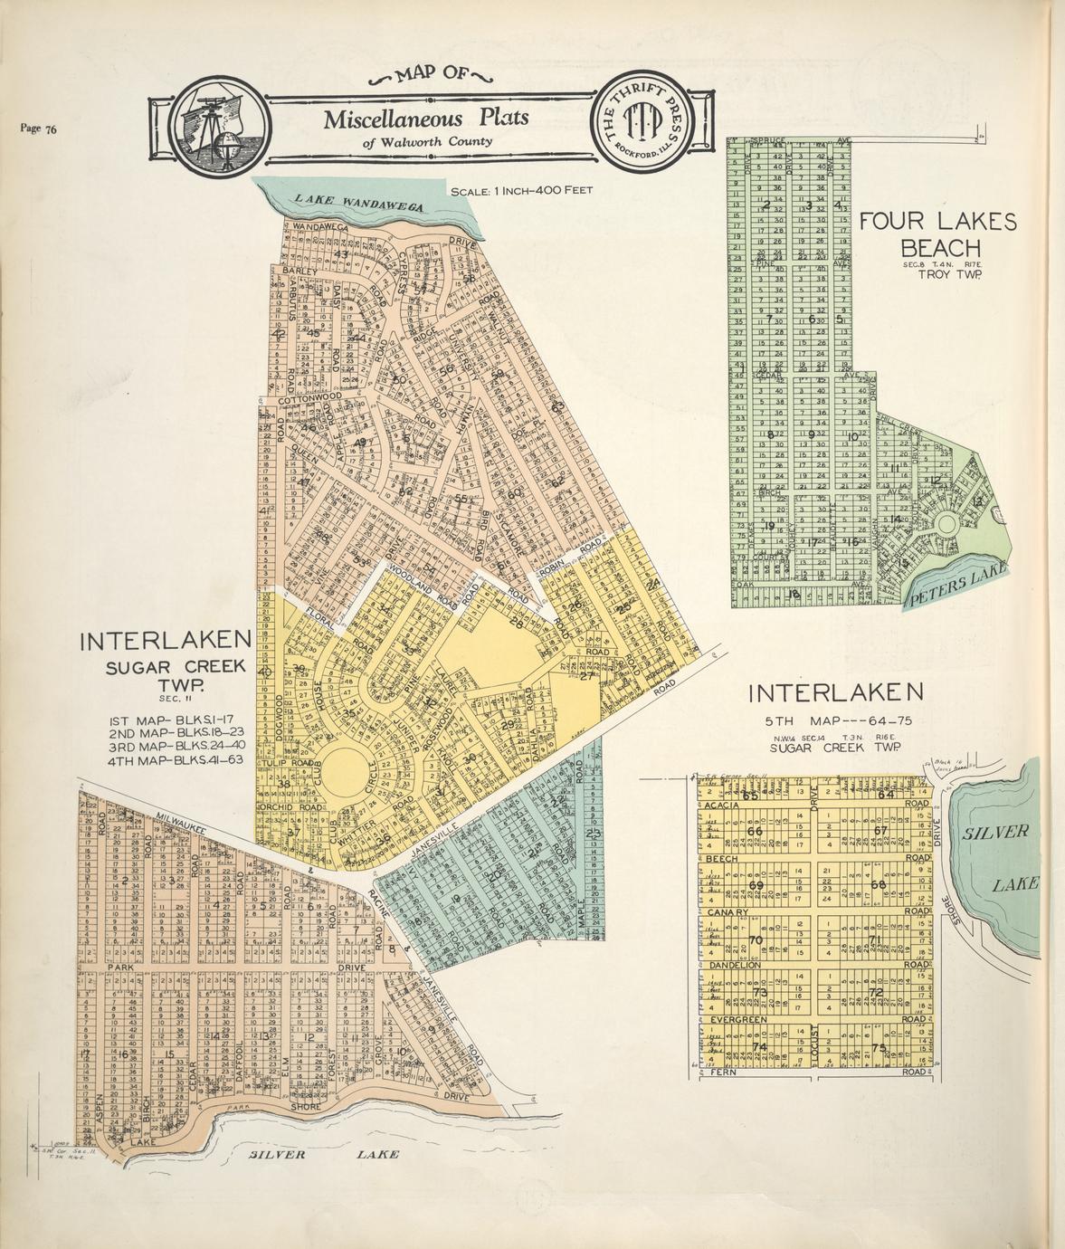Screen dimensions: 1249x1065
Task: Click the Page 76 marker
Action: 38,129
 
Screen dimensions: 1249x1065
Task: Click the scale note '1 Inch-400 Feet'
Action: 520,191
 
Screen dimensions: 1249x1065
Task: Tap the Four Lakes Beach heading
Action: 937,234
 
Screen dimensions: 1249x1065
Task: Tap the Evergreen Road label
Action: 738,1019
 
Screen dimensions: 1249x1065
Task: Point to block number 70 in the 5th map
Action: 756,939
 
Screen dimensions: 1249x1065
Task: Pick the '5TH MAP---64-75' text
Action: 835,721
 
